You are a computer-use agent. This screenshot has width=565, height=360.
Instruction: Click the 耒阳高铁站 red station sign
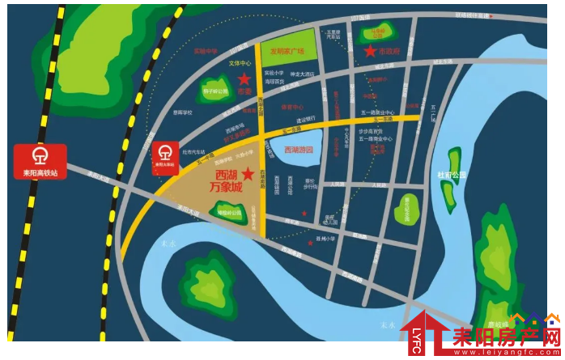(x=39, y=162)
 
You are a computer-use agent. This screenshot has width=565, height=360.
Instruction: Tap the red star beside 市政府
(x=370, y=51)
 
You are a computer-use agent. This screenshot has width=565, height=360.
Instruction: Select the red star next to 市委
(x=244, y=78)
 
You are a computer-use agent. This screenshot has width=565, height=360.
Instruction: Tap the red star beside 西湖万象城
(x=248, y=174)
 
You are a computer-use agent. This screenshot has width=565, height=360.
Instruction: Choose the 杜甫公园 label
(x=452, y=175)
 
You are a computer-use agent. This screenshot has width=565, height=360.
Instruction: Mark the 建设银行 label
(x=305, y=121)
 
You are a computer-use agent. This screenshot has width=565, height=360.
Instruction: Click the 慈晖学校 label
(x=182, y=112)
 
